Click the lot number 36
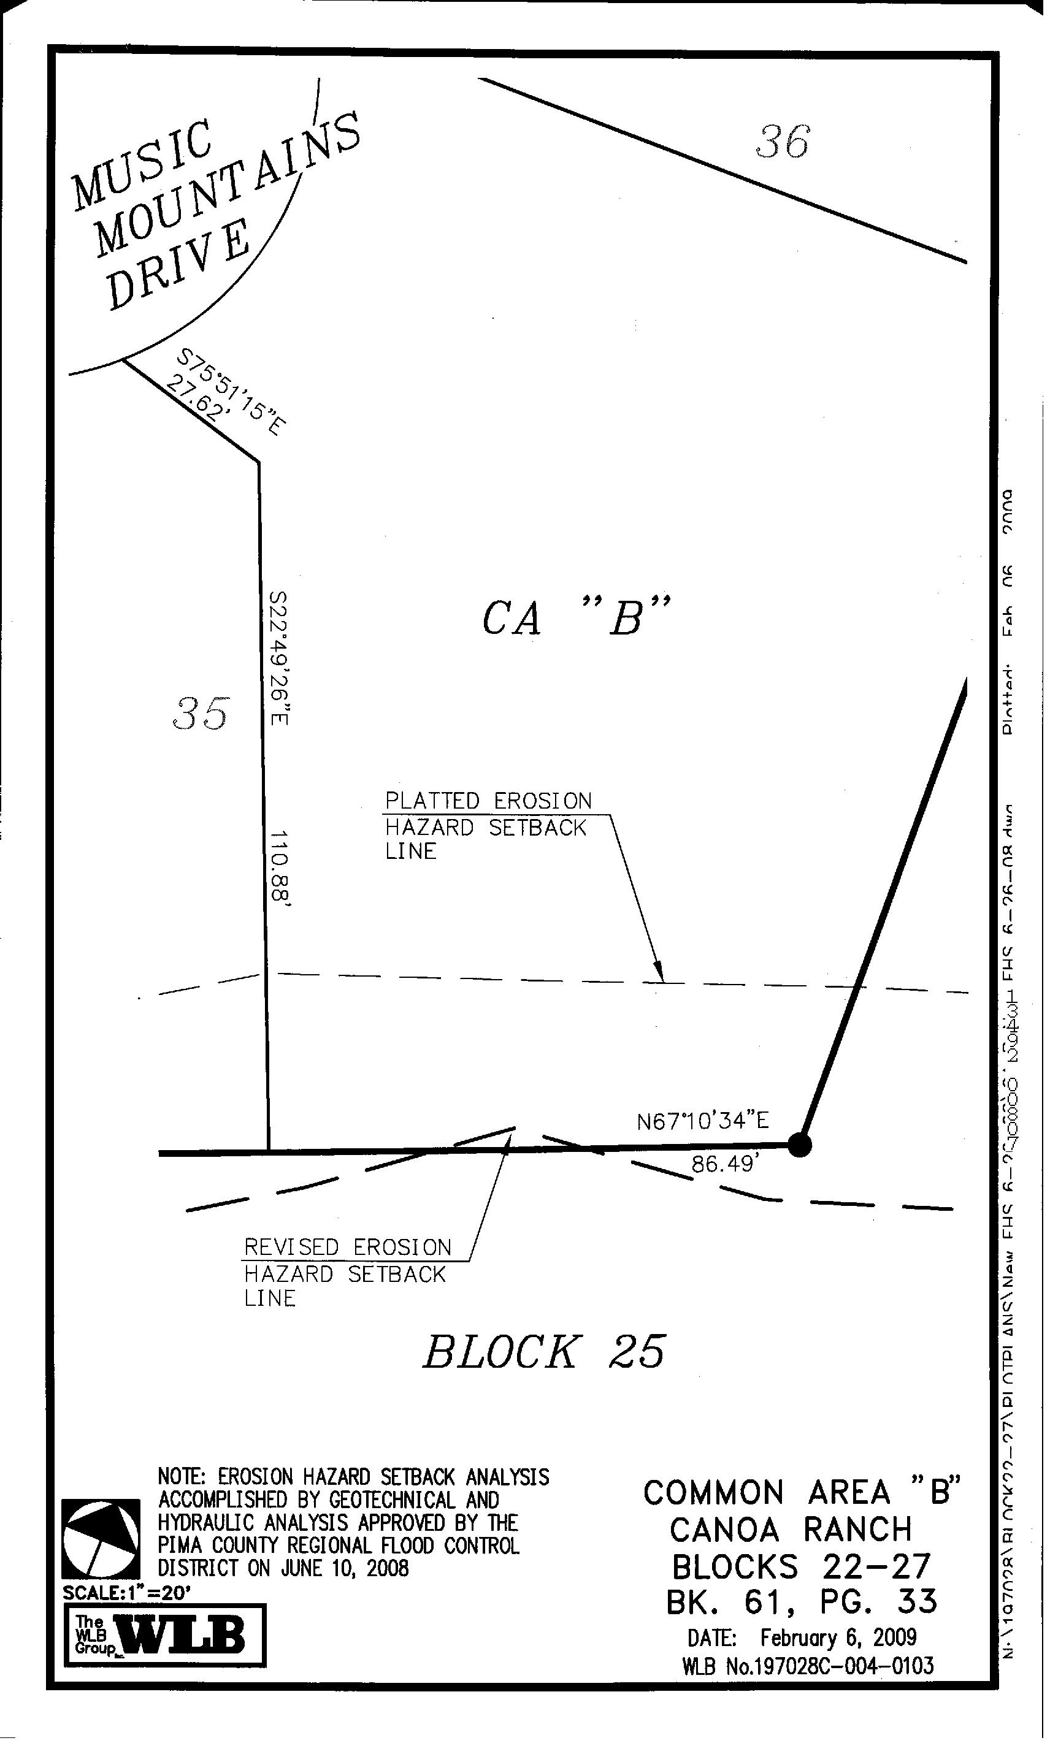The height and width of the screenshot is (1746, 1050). click(x=782, y=142)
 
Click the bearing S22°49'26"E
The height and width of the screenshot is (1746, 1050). click(x=280, y=658)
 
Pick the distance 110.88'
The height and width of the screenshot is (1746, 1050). click(x=281, y=869)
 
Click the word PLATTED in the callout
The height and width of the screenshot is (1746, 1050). click(x=432, y=801)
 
